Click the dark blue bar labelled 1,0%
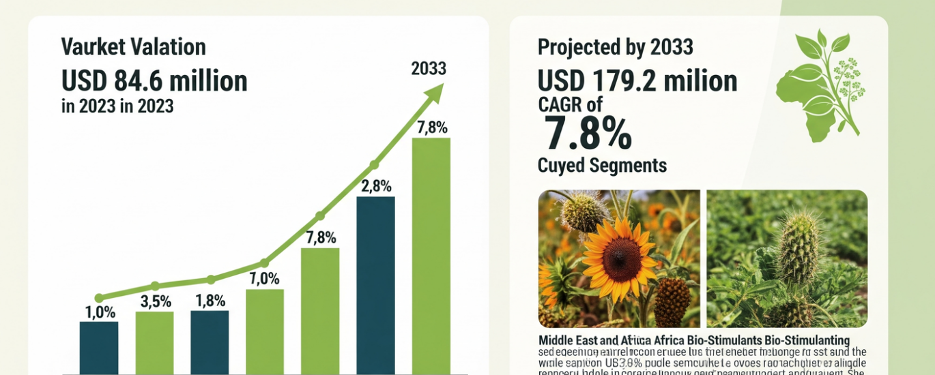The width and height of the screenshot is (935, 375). click(x=99, y=348)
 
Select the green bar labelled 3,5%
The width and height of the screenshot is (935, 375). click(x=154, y=342)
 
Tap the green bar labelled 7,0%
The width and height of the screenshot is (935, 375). click(x=265, y=331)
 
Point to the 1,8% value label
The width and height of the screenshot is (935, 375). click(x=210, y=301)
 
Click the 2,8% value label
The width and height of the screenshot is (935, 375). click(x=375, y=186)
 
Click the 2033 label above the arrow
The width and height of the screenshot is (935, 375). click(x=429, y=69)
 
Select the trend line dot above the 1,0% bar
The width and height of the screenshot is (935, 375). click(x=99, y=298)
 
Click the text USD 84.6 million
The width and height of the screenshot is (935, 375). click(x=154, y=81)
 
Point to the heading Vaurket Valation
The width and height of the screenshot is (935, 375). click(x=133, y=47)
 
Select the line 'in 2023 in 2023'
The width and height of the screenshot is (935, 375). click(x=117, y=106)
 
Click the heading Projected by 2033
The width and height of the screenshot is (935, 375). click(x=616, y=47)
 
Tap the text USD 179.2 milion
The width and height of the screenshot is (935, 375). click(x=637, y=81)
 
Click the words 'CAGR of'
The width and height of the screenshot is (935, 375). click(x=570, y=104)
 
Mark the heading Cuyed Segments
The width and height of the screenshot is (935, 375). click(x=602, y=165)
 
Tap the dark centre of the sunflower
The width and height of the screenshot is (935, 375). click(x=622, y=259)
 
